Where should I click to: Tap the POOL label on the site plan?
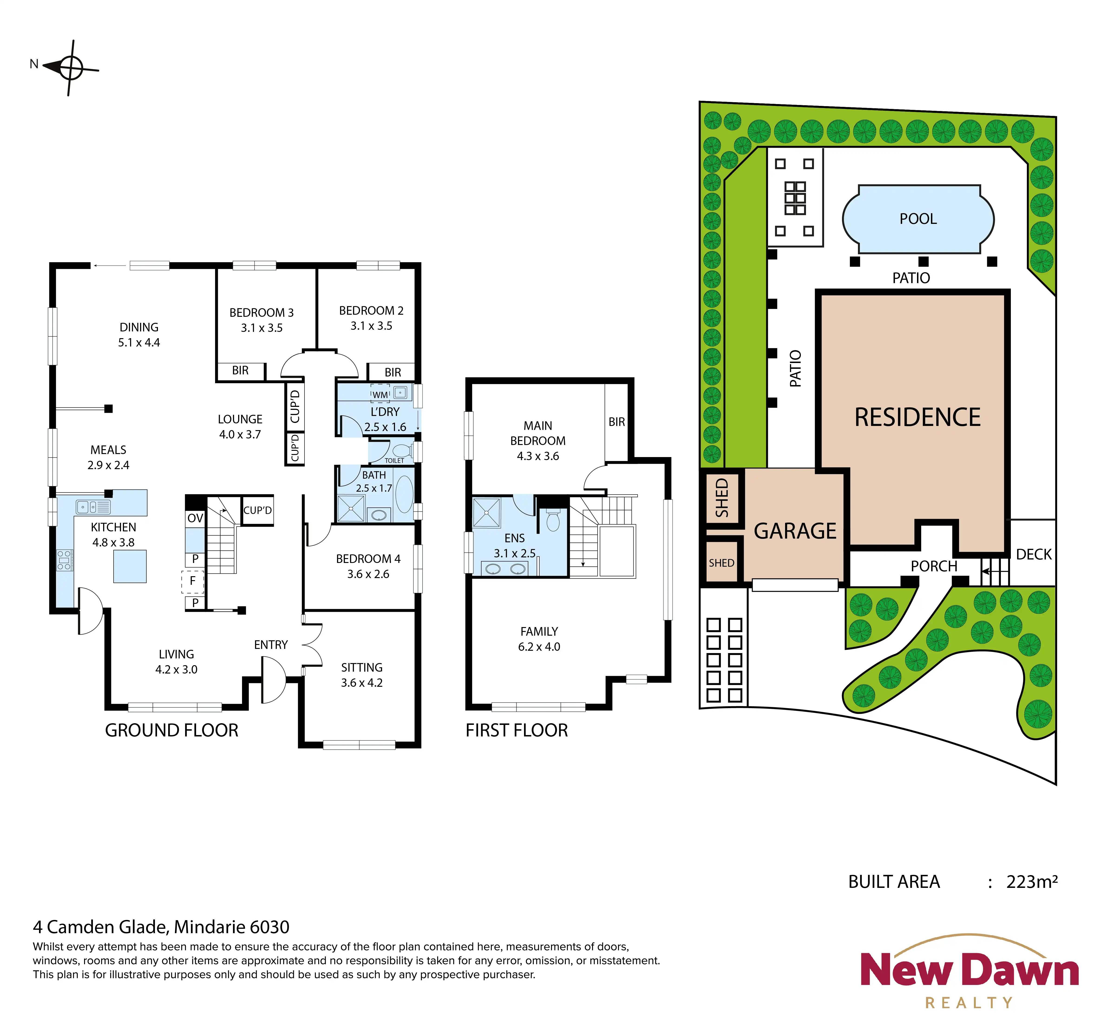[x=918, y=219]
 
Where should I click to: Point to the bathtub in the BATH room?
[x=404, y=495]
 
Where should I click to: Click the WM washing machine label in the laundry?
[x=380, y=395]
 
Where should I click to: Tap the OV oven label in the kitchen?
[x=195, y=518]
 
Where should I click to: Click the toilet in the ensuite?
[x=553, y=520]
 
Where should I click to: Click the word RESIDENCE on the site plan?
[x=917, y=417]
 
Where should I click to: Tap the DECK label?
[x=1033, y=554]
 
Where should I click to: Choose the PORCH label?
[x=934, y=566]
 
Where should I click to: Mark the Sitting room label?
[x=362, y=667]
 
